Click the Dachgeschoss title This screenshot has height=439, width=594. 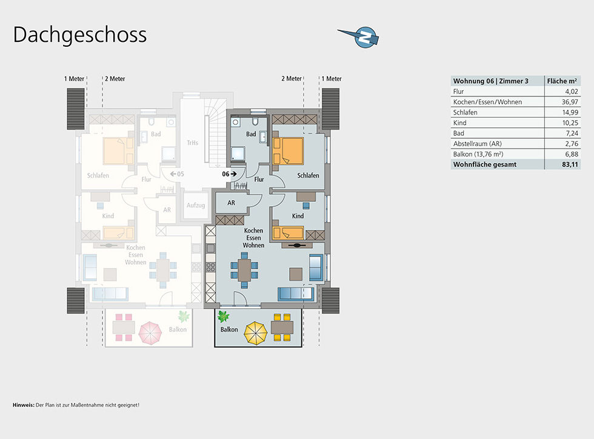pyautogui.click(x=80, y=35)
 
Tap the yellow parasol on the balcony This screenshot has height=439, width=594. pyautogui.click(x=256, y=332)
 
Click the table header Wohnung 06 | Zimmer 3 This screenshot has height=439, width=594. pyautogui.click(x=490, y=81)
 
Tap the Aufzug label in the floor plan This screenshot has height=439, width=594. pyautogui.click(x=196, y=206)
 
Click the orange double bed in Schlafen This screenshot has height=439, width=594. pyautogui.click(x=288, y=150)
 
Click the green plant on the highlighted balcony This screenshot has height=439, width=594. pyautogui.click(x=224, y=316)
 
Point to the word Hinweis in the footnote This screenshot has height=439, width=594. pyautogui.click(x=23, y=404)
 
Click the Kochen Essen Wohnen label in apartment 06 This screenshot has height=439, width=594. pyautogui.click(x=253, y=238)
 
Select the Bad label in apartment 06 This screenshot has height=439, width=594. pyautogui.click(x=251, y=134)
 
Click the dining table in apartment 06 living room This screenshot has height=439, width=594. pyautogui.click(x=244, y=270)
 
